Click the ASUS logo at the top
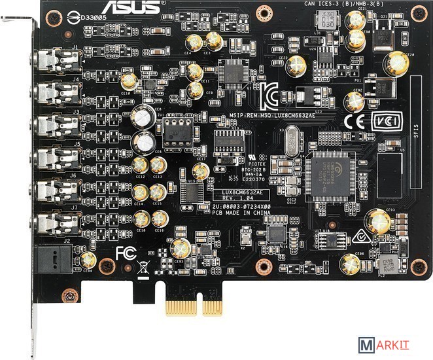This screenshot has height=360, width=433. tap(138, 7)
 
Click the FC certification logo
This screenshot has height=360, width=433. tap(126, 253)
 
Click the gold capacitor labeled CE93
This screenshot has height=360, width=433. tap(377, 220)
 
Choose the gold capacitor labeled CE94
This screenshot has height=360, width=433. tap(351, 264)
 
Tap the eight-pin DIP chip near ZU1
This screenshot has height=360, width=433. tap(176, 130)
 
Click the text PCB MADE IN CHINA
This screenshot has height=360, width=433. tap(232, 211)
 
